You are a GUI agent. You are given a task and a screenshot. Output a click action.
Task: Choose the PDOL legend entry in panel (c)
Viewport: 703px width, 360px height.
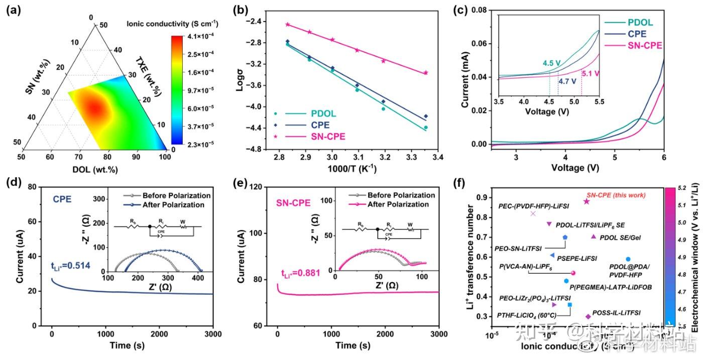tap(641, 23)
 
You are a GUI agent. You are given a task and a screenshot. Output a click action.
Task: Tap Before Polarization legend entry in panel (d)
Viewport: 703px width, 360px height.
tap(176, 195)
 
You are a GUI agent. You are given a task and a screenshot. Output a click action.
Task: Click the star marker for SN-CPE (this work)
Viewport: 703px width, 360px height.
tap(586, 201)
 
